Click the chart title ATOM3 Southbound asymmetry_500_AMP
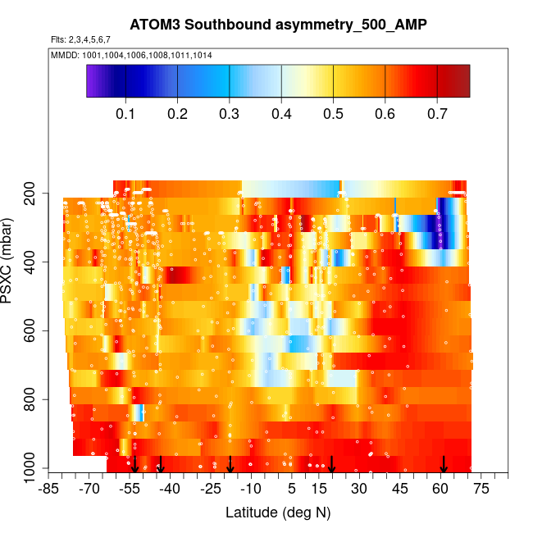coord(278,25)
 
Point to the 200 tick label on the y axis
coord(36,194)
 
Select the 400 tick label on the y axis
coord(36,262)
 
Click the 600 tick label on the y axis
coord(36,331)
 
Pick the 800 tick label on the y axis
coord(36,400)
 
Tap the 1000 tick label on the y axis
coord(33,468)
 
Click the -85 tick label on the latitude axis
coord(50,490)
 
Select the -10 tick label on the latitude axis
coord(251,490)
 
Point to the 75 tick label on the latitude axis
coord(481,490)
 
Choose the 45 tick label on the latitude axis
coord(400,490)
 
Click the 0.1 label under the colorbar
coord(125,113)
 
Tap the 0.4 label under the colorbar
coord(281,113)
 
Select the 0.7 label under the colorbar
coord(437,113)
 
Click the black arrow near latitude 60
coord(444,464)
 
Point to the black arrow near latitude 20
coord(332,464)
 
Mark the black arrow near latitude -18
coord(230,464)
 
